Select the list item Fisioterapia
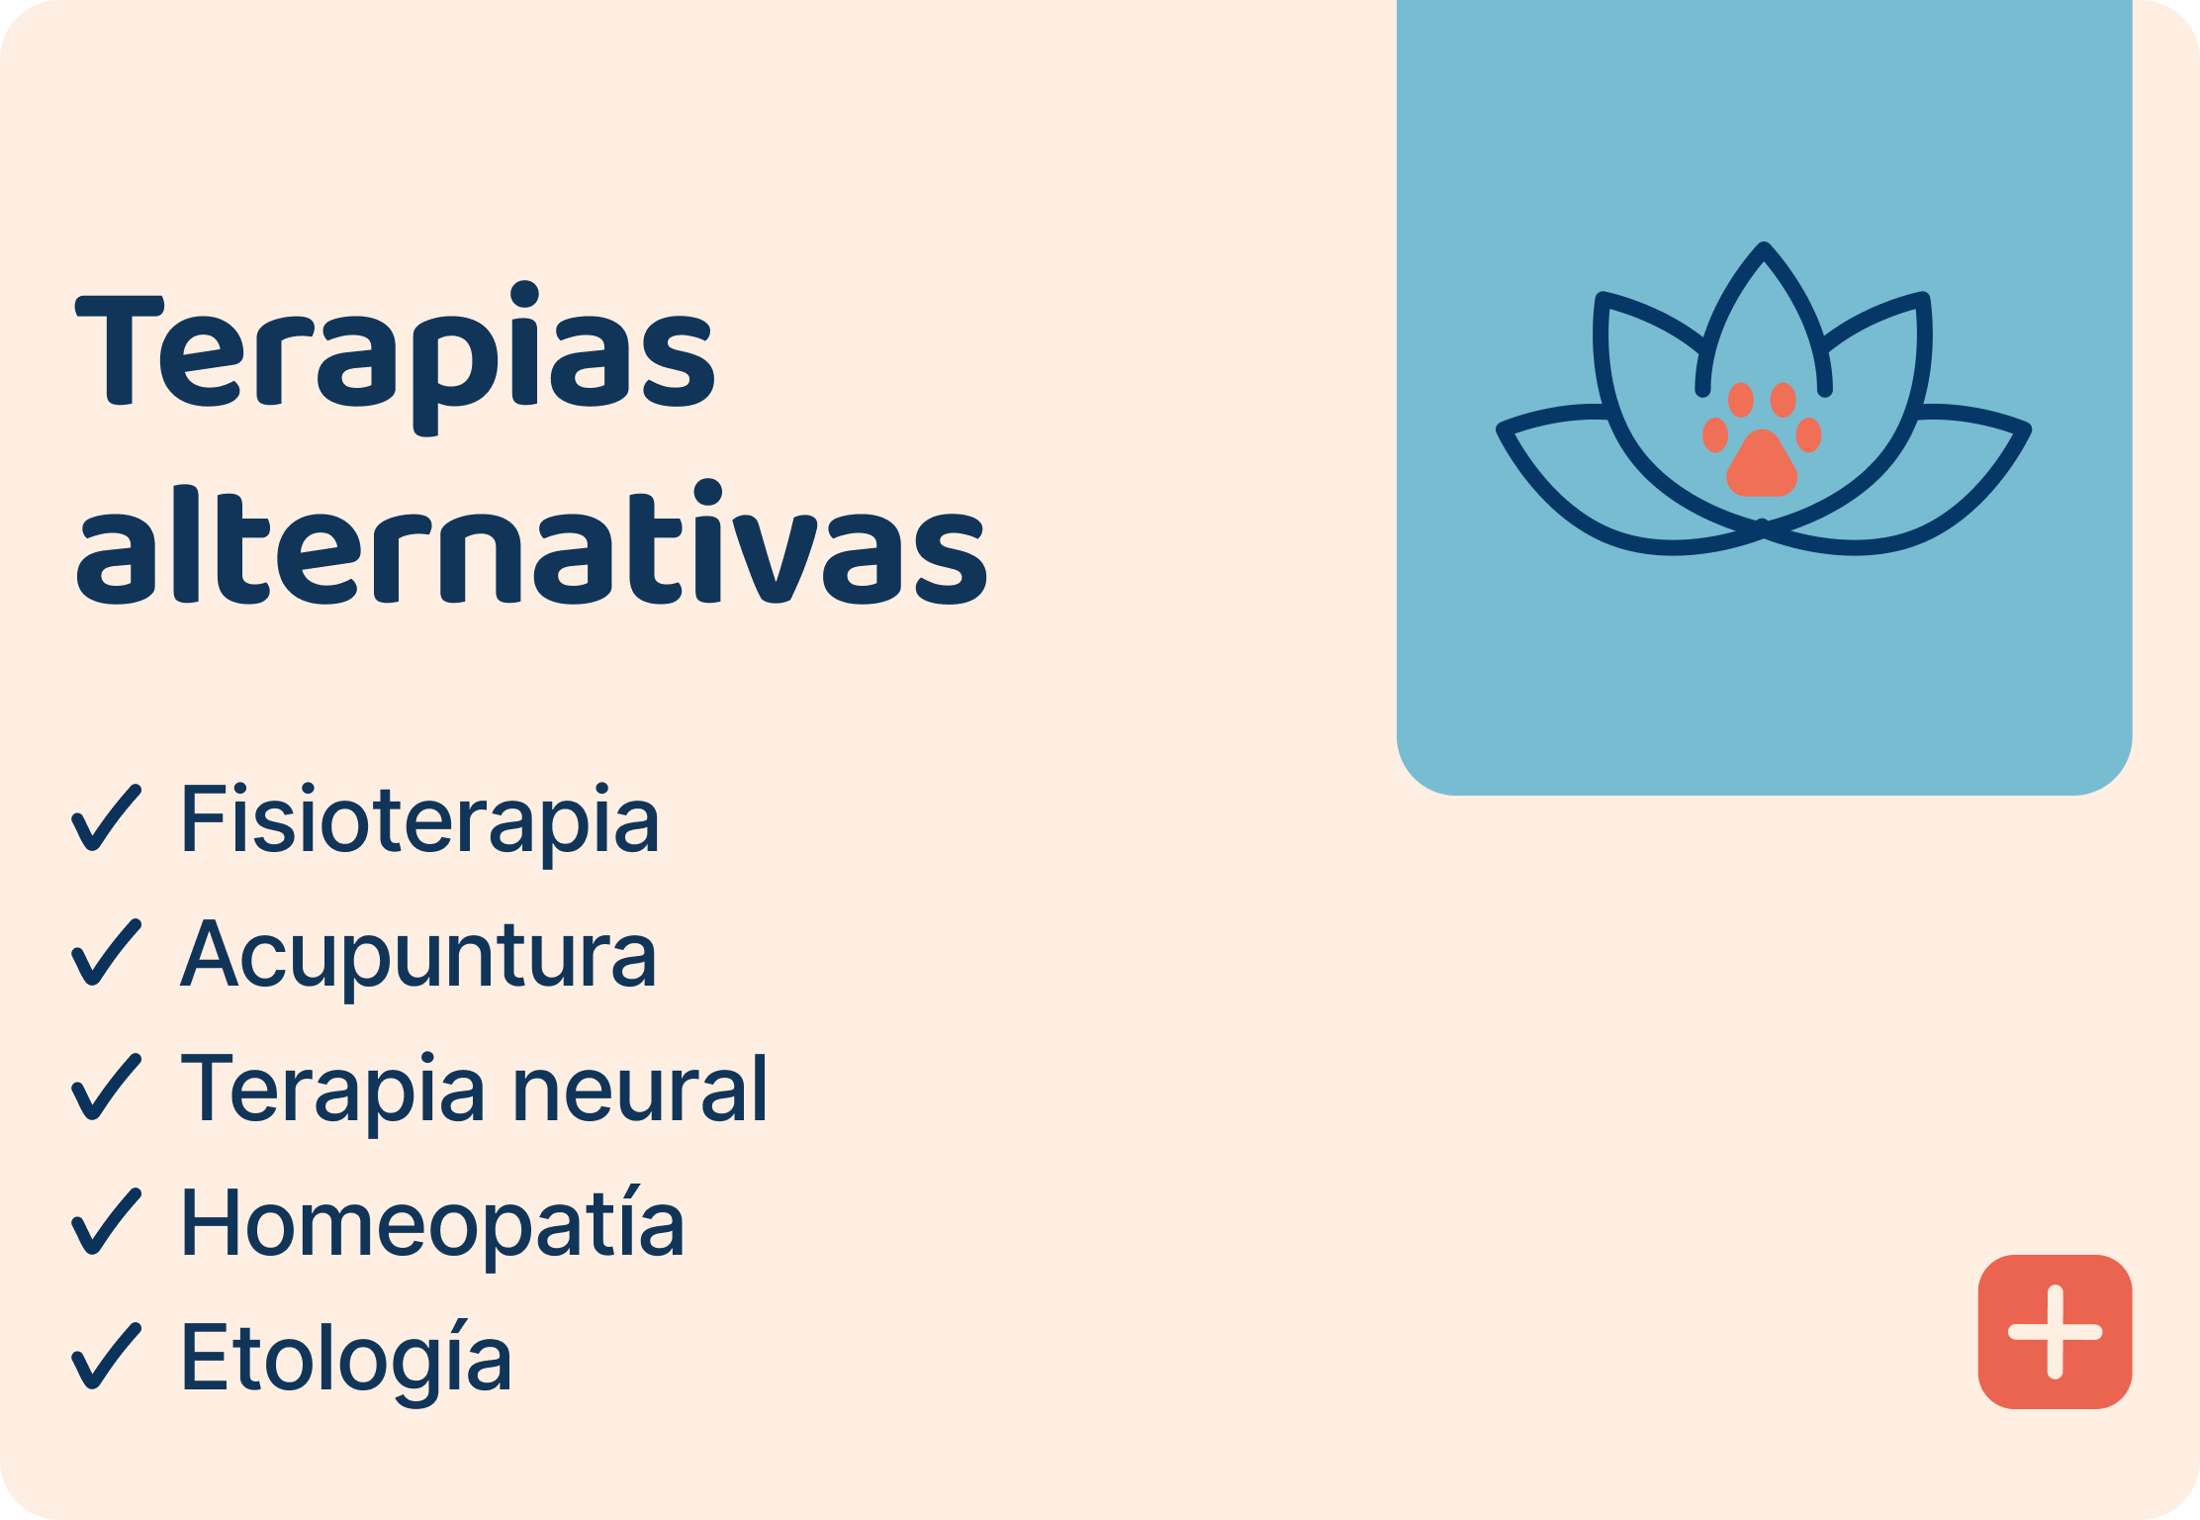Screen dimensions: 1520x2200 pos(419,819)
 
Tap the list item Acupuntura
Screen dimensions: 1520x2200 pos(418,954)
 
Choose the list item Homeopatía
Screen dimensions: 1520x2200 pos(432,1224)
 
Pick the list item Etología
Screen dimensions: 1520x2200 pos(346,1359)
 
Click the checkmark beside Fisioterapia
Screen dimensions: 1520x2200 pos(106,818)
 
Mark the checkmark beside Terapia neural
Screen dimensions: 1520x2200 pos(106,1088)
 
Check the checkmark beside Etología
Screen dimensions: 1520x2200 pos(106,1357)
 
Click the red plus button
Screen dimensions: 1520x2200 pos(2055,1332)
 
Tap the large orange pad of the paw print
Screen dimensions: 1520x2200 pos(1762,465)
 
